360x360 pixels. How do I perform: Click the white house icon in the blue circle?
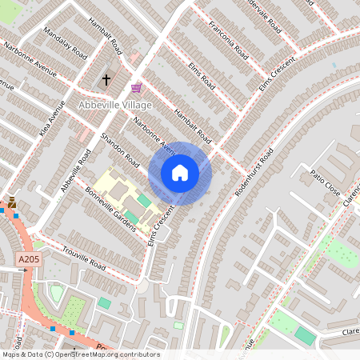coord(180,172)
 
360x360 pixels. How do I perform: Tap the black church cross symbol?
coord(106,79)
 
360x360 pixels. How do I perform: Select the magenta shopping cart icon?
coord(137,87)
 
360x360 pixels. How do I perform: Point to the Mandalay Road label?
coord(66,44)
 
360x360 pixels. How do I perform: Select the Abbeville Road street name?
coord(74,170)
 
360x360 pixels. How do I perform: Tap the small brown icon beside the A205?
coord(11,202)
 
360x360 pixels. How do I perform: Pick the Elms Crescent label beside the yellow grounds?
coord(162,226)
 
